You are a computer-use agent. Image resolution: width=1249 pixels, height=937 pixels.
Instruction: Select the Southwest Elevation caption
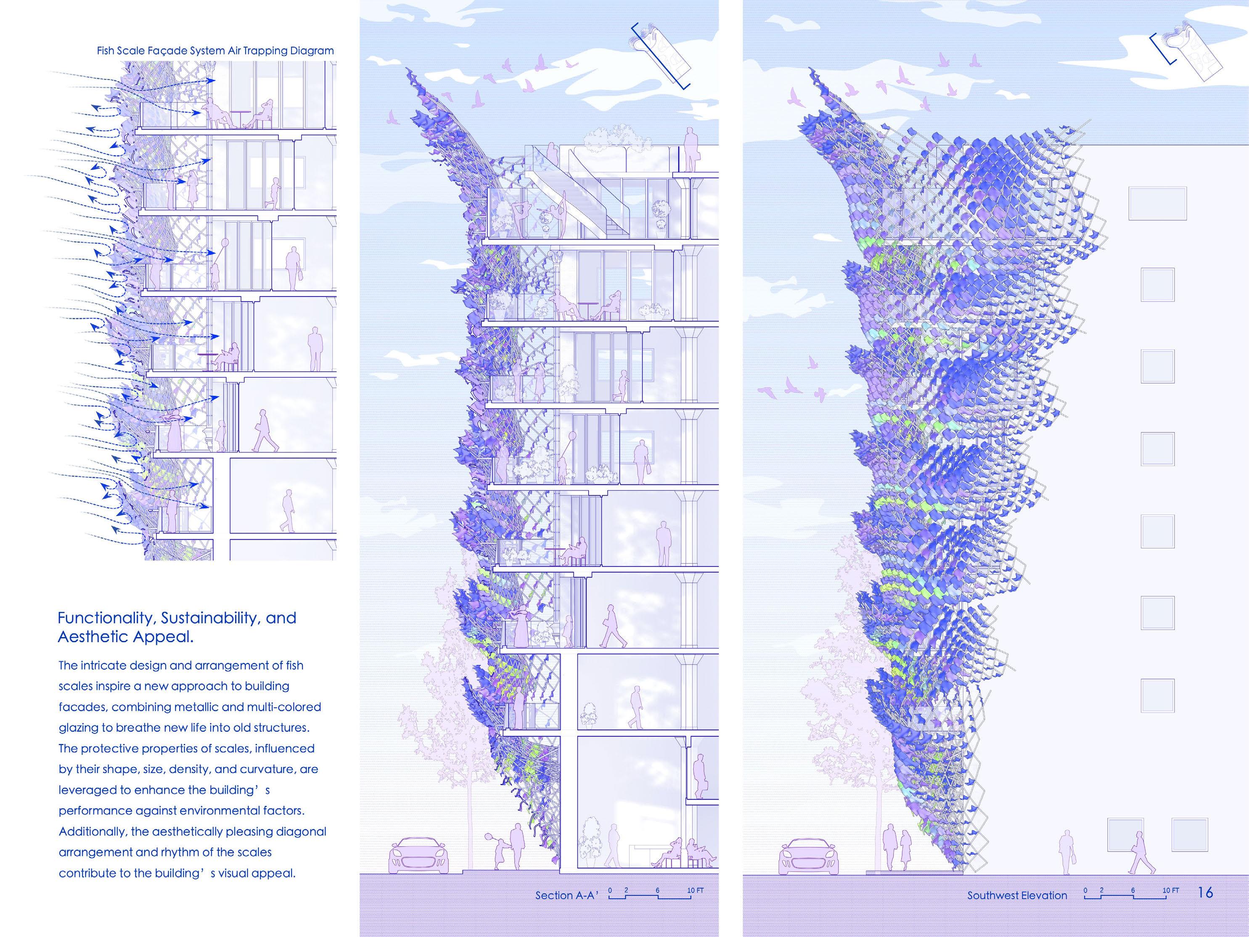point(1017,895)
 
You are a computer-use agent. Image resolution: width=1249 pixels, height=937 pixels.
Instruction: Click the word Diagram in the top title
point(312,51)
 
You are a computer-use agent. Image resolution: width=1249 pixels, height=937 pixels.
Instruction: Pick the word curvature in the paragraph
point(265,769)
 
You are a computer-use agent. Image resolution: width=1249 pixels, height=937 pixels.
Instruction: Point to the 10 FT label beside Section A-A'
point(695,891)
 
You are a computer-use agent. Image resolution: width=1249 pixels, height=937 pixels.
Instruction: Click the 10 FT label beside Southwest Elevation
point(1170,891)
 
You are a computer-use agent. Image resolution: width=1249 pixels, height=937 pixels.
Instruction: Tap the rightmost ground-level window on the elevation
point(1190,835)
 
